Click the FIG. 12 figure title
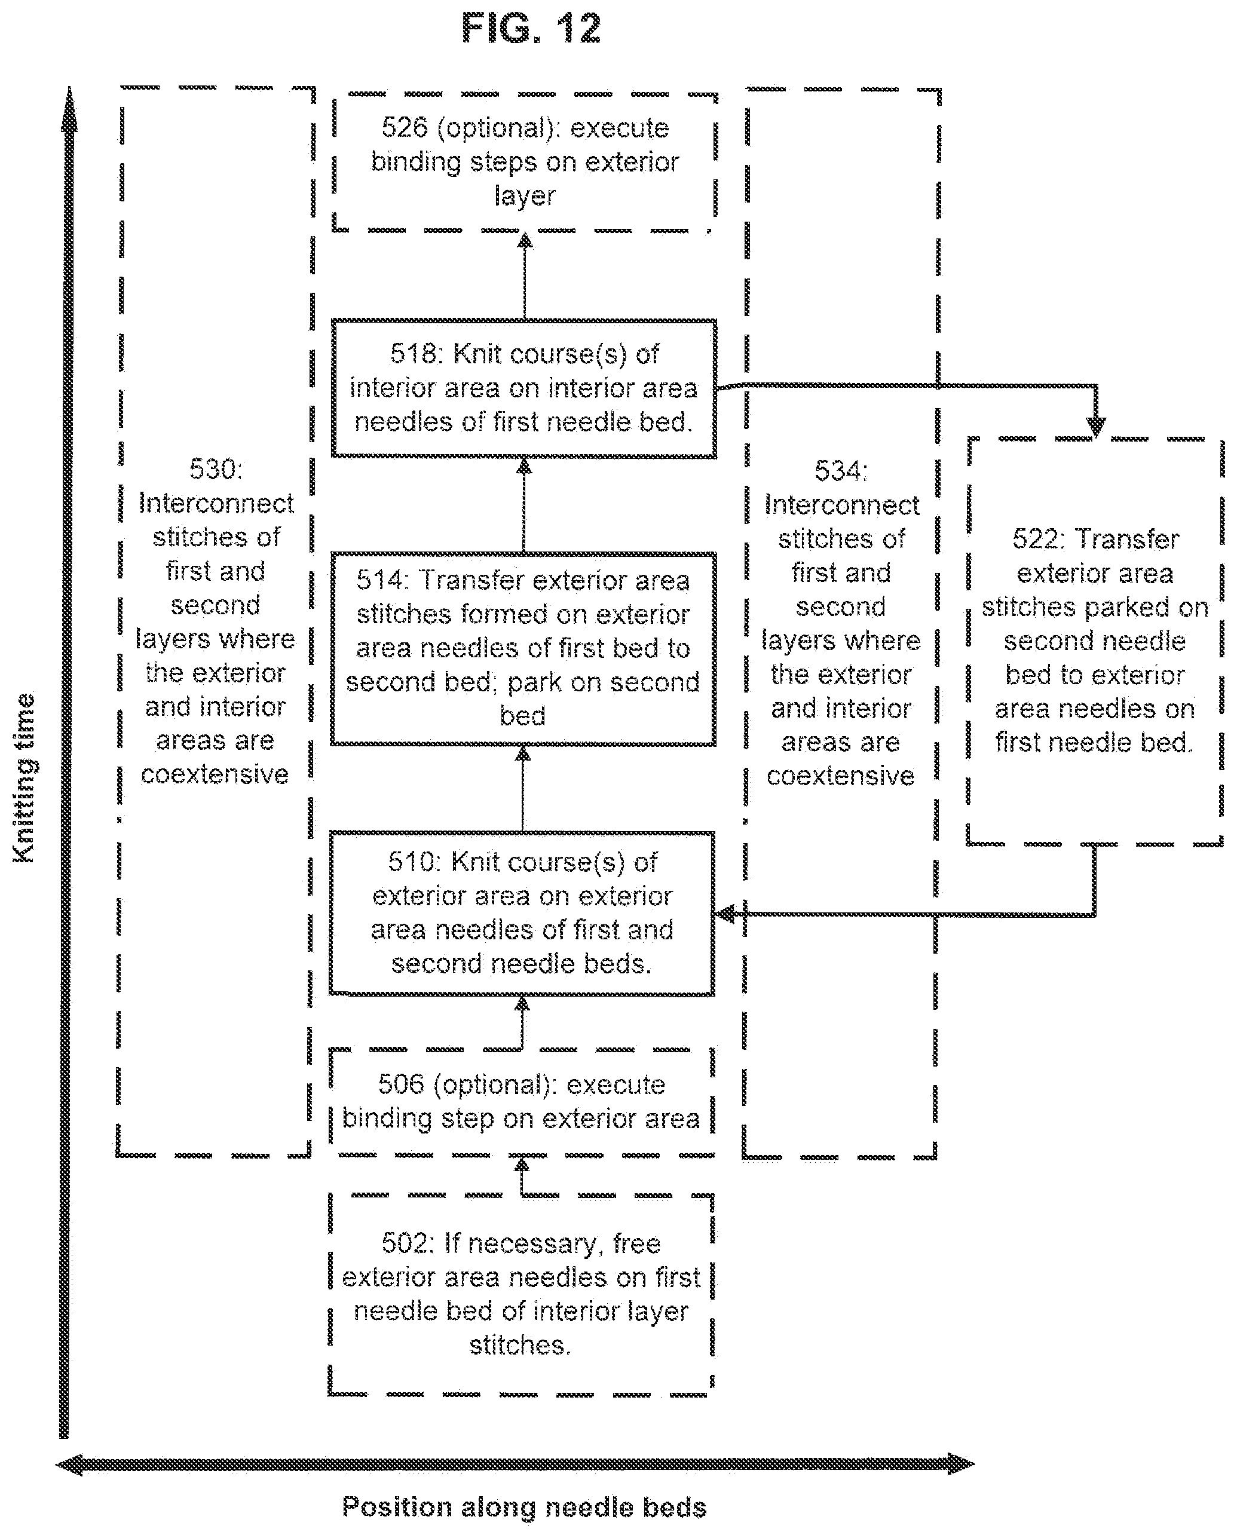[x=531, y=29]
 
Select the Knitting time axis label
[x=23, y=777]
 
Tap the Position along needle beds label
[x=524, y=1508]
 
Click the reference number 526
[x=405, y=128]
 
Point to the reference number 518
[x=413, y=354]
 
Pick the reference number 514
[x=380, y=580]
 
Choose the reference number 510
[x=411, y=862]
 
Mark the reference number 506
[x=401, y=1084]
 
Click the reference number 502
[x=405, y=1243]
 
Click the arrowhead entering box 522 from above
[x=1095, y=427]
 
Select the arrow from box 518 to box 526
[x=525, y=276]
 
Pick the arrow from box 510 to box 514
[x=523, y=789]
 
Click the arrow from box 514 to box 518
[x=524, y=505]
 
